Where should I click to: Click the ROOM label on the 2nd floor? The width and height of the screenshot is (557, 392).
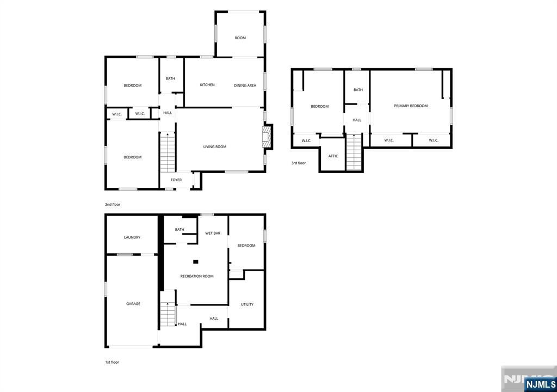[x=240, y=38]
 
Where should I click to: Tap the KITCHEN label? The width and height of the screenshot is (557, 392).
[x=207, y=84]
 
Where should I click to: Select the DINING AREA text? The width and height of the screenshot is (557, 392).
[x=245, y=85]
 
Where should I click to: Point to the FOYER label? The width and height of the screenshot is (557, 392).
[x=176, y=180]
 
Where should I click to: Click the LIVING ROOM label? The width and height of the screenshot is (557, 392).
[x=214, y=146]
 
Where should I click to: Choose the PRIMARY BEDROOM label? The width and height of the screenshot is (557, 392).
[x=411, y=106]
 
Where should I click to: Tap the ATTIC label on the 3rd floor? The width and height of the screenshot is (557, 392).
[x=333, y=156]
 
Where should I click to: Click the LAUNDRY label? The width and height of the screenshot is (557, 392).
[x=132, y=237]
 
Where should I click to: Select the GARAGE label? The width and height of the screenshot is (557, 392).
[x=133, y=304]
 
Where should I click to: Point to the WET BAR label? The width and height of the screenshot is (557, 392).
[x=213, y=233]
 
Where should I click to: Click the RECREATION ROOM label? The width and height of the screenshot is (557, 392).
[x=197, y=276]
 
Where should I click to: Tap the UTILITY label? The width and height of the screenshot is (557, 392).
[x=247, y=304]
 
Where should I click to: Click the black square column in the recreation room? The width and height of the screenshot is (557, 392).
[x=195, y=262]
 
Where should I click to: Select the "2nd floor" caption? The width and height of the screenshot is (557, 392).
[x=113, y=205]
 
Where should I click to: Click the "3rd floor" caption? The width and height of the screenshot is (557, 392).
[x=299, y=163]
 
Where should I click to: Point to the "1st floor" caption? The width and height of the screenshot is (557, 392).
[x=112, y=362]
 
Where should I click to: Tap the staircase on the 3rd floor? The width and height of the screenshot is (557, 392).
[x=354, y=152]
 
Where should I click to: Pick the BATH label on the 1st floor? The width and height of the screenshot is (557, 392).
[x=180, y=229]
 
